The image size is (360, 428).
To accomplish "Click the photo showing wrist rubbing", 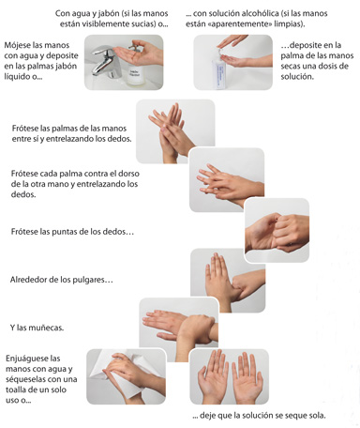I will point(178,325).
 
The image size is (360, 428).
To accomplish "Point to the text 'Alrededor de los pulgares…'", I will point(61,280).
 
